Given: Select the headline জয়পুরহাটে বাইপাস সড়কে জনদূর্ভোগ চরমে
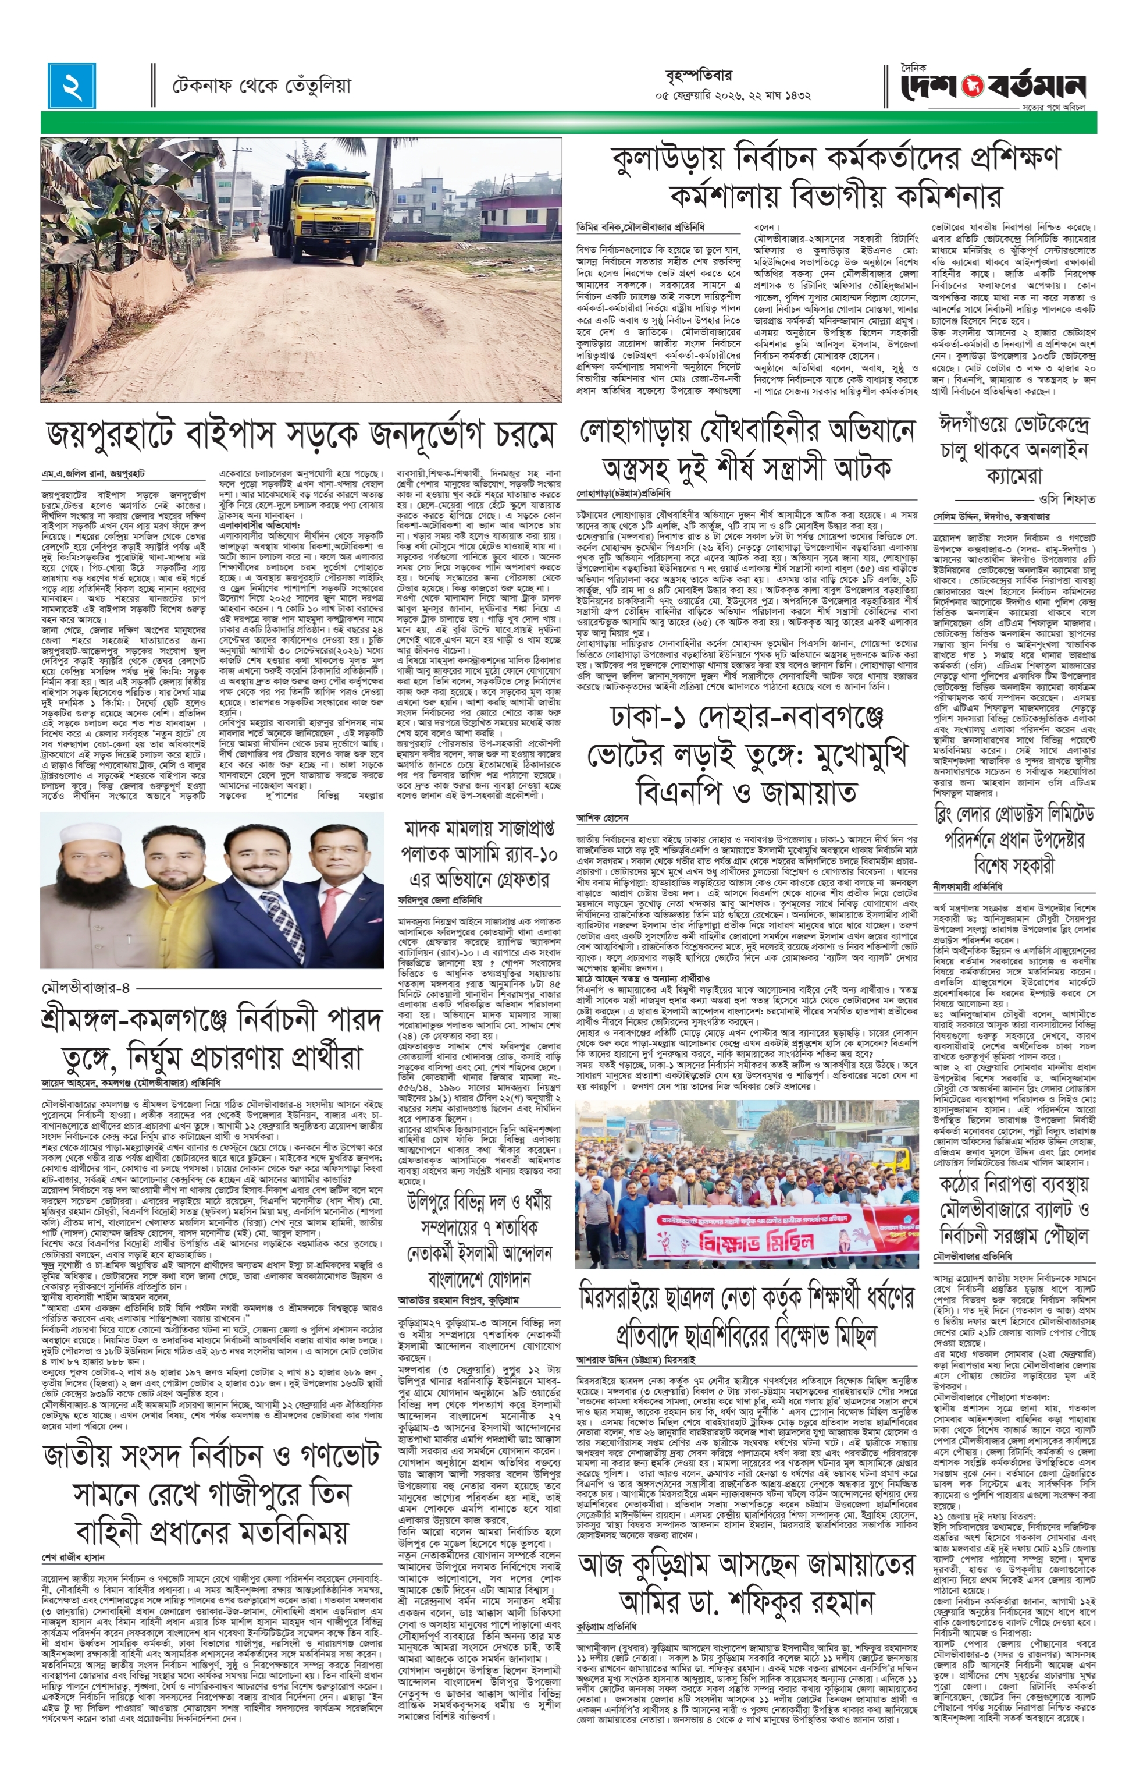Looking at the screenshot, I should [x=301, y=436].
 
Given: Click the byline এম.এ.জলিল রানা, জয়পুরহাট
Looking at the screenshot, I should [x=94, y=473].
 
